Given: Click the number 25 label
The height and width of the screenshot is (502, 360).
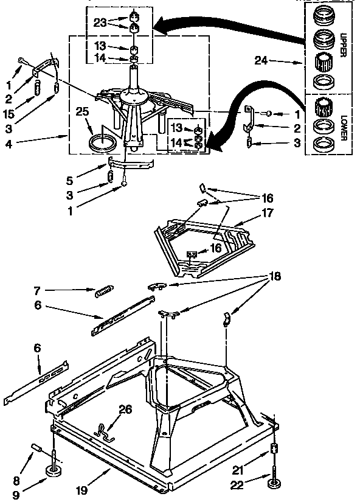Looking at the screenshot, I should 83,111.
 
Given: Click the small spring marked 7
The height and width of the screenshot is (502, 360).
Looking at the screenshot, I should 102,293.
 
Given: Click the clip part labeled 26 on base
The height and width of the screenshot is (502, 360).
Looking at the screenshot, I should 104,433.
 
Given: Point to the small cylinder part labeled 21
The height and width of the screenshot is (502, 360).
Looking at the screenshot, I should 274,450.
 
